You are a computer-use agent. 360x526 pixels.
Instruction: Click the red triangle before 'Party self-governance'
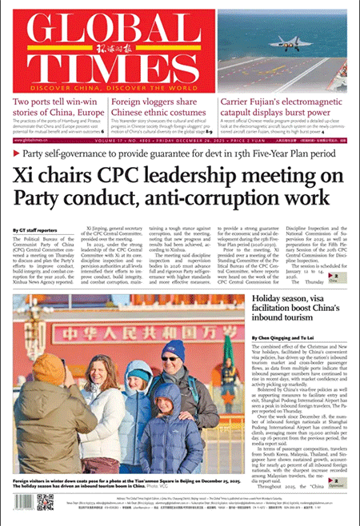point(17,152)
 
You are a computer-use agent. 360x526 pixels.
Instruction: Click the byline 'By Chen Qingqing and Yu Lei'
point(283,339)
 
